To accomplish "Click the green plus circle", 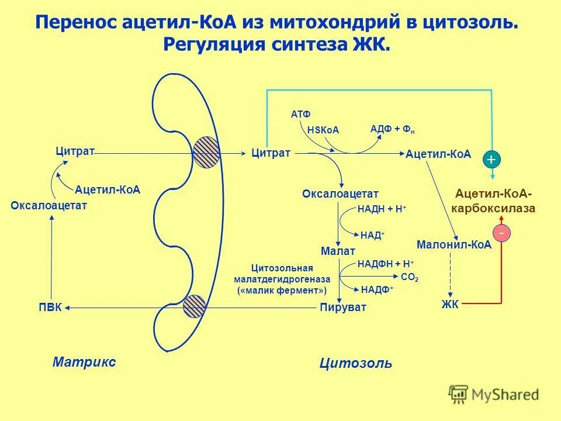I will click(x=491, y=158).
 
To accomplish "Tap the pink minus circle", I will click(x=501, y=233).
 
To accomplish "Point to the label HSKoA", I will click(x=323, y=130).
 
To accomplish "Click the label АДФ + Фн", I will click(x=393, y=129).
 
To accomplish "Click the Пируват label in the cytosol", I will click(x=343, y=307).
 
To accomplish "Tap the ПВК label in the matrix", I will click(x=50, y=308).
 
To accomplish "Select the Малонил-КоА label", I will click(x=454, y=245).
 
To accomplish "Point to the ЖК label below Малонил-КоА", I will click(x=450, y=303).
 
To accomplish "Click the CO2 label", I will click(x=410, y=278).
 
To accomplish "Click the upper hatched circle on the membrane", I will click(x=206, y=152).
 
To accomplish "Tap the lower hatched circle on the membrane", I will click(x=194, y=306).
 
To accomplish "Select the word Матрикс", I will click(x=84, y=361).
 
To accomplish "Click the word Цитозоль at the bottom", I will click(x=356, y=363).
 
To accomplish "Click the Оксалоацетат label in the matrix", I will click(x=49, y=205).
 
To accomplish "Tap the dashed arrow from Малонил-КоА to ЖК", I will click(x=450, y=275).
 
